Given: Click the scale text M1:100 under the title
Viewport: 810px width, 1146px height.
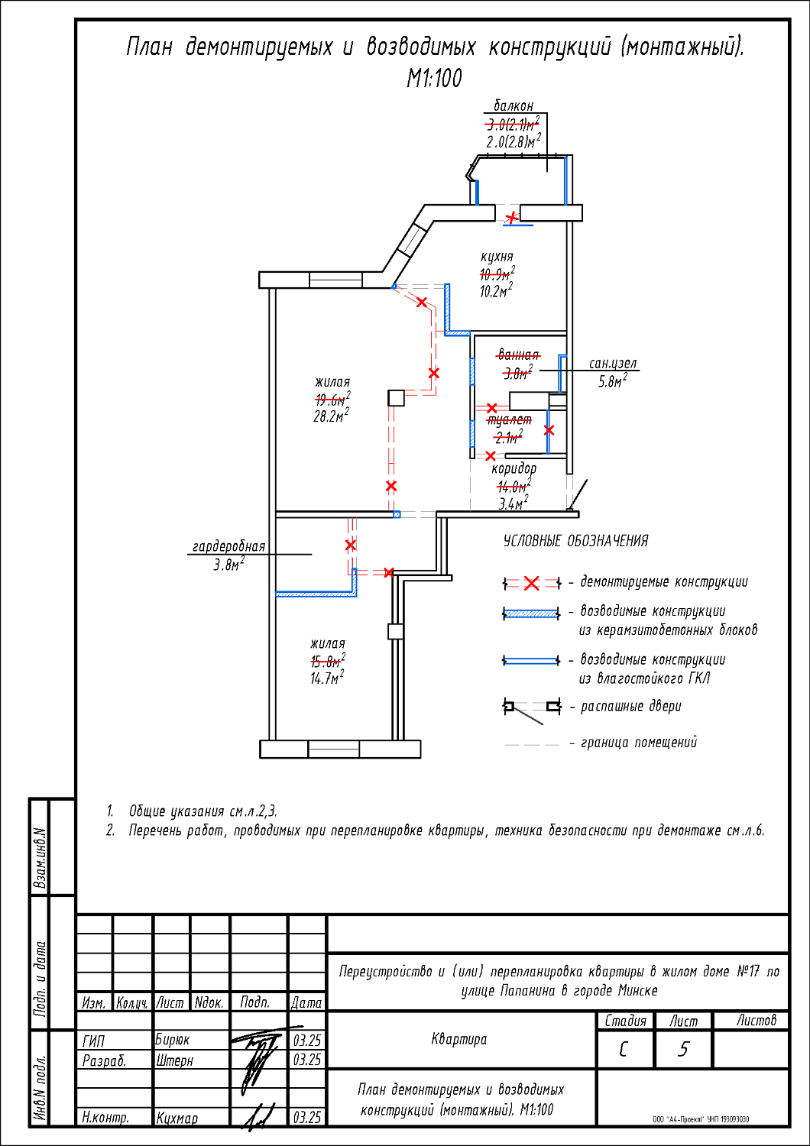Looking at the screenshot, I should pos(434,79).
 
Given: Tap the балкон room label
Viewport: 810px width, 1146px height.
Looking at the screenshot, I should pos(514,106).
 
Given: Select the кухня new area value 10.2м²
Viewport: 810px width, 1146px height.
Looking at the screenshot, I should pos(496,291).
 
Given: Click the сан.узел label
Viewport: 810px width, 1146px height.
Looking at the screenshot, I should pos(613,364).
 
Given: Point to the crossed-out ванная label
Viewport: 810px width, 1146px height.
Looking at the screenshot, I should pos(518,355).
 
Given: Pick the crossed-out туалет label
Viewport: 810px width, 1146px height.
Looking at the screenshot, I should pos(510,420).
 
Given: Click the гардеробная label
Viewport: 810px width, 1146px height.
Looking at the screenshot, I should pos(228,546).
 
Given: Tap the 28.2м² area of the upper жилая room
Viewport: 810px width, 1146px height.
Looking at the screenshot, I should pos(331,416).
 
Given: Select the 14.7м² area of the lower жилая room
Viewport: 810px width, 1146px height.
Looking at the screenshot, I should pos(327,678).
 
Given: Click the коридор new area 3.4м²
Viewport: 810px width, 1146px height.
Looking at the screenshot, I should pos(513,504).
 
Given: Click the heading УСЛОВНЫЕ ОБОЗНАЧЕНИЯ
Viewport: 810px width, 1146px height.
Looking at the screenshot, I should pos(575,541).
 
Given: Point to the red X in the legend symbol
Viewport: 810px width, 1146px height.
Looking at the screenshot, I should pos(532,584).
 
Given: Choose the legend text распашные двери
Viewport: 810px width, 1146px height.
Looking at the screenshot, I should pos(630,707).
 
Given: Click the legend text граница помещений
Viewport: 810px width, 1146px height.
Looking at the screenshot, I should pos(639,743).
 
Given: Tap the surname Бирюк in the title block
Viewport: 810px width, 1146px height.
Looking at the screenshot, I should pos(173,1040).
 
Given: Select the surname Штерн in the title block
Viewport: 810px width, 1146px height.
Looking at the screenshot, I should pos(175,1060).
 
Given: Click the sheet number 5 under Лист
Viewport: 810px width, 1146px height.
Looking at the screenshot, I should pos(683,1049).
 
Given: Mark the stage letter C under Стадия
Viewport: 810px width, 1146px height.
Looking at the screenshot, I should pos(624,1049).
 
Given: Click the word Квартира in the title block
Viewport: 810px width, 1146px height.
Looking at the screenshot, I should pos(458,1039).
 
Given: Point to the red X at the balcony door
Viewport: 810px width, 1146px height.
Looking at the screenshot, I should pos(512,218).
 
